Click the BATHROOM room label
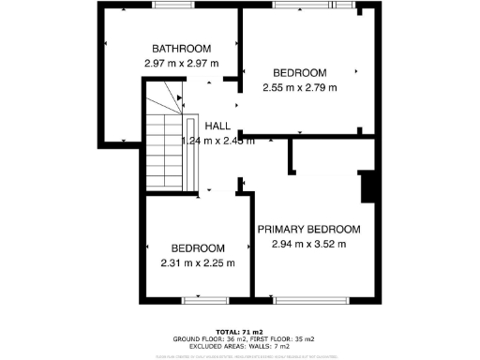coord(182,49)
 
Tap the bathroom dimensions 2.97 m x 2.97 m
coord(182,63)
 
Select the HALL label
coord(218,126)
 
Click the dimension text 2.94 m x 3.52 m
coord(308,245)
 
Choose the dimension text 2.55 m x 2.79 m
coord(299,87)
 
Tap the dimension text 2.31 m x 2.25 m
coord(197,262)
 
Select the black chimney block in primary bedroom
coord(369,186)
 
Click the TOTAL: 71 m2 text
coord(239,332)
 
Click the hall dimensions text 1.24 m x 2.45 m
coord(218,142)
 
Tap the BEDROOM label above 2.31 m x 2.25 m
coord(197,247)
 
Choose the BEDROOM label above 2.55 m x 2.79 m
coord(299,73)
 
